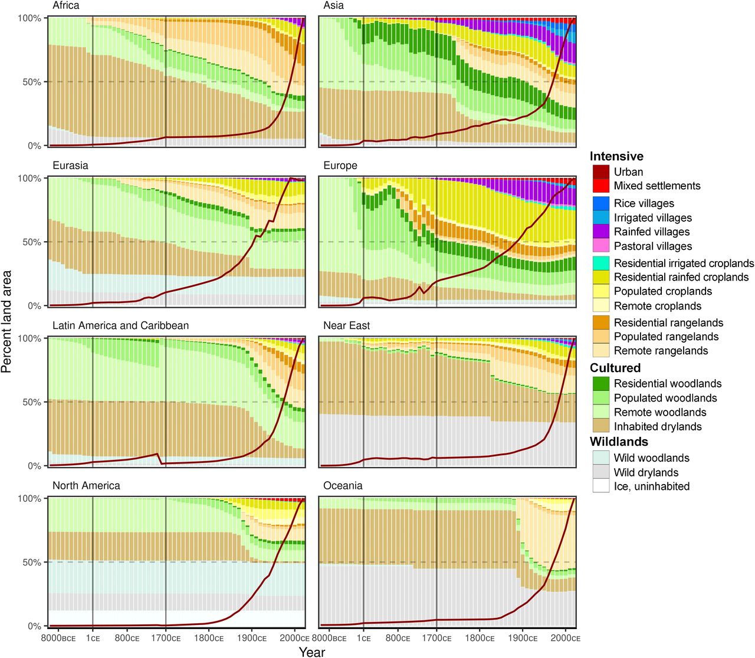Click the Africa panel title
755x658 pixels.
[x=65, y=6]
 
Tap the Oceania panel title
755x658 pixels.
[x=343, y=486]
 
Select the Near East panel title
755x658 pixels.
[x=347, y=325]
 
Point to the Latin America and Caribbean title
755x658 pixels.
[x=120, y=325]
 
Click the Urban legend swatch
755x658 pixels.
[x=601, y=172]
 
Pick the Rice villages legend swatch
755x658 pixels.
[x=601, y=203]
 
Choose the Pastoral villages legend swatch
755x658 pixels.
[x=601, y=246]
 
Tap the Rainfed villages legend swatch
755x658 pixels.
[x=601, y=232]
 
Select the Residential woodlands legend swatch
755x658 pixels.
[x=601, y=384]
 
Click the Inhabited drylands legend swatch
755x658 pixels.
[x=601, y=426]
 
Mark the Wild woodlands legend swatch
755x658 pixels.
[x=601, y=458]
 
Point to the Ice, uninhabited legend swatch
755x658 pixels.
[x=601, y=486]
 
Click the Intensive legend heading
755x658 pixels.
[x=616, y=156]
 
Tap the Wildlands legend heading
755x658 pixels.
[x=619, y=442]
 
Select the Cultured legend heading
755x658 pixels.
[x=615, y=368]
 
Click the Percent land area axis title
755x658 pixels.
[x=7, y=321]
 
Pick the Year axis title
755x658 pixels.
[x=311, y=652]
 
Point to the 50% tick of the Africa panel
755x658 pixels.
[x=32, y=82]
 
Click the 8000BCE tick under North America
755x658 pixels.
[x=58, y=638]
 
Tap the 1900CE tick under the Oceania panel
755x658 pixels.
[x=523, y=638]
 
